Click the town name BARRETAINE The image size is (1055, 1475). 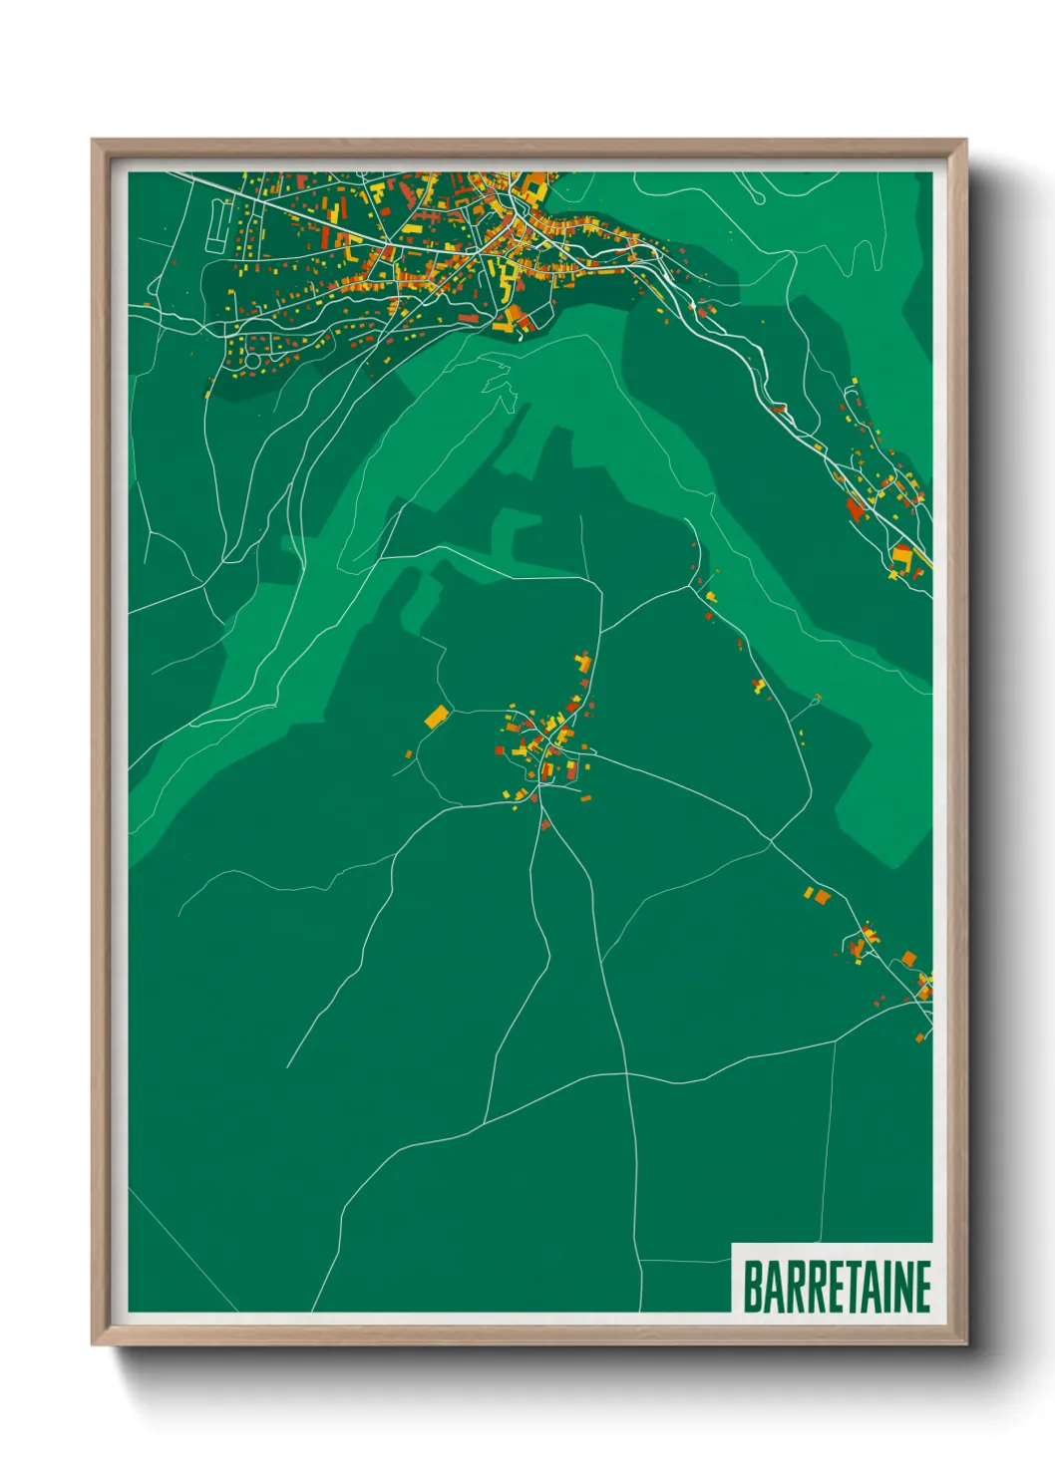pos(836,1287)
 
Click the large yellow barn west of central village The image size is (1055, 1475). pos(436,716)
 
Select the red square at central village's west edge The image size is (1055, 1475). pos(500,750)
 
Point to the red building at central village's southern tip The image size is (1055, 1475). pos(544,824)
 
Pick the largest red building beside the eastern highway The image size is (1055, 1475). pos(855,508)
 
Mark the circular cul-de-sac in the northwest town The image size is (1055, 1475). pos(253,359)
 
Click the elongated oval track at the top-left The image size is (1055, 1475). pos(215,226)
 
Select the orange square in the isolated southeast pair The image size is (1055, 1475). pos(823,897)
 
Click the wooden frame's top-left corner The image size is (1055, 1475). pos(94,142)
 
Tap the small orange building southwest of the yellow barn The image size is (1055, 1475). pos(408,753)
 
